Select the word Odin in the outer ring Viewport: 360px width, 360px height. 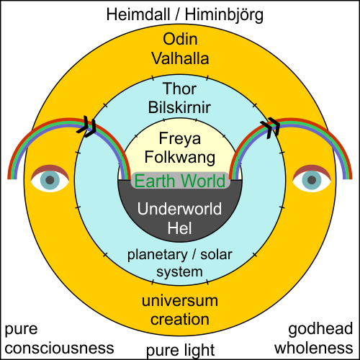[x=180, y=39]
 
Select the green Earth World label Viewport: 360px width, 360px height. [x=180, y=181]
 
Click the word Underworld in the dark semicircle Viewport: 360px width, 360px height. [x=180, y=211]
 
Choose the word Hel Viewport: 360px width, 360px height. [x=180, y=230]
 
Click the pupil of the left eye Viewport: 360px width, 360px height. [x=50, y=180]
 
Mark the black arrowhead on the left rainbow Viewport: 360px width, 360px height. [x=89, y=127]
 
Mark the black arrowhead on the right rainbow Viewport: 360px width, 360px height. [x=271, y=127]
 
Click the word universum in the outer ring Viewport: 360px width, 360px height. [x=180, y=300]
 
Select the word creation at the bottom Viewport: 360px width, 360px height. [x=180, y=318]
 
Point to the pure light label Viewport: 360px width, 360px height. [x=180, y=351]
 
